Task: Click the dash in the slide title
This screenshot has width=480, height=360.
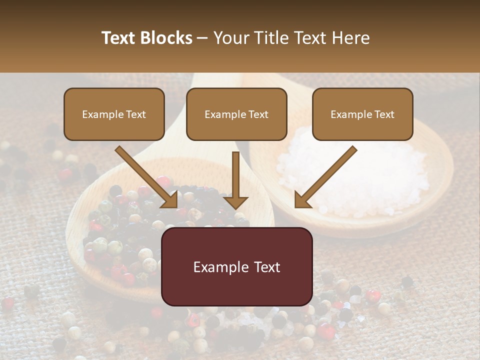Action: pyautogui.click(x=202, y=38)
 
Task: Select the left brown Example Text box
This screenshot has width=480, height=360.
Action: pyautogui.click(x=114, y=114)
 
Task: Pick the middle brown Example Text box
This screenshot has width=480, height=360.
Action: pyautogui.click(x=236, y=114)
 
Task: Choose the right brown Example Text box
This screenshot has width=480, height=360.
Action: pyautogui.click(x=362, y=114)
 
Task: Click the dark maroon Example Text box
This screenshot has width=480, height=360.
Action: pyautogui.click(x=236, y=266)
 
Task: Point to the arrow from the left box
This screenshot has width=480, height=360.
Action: pyautogui.click(x=145, y=175)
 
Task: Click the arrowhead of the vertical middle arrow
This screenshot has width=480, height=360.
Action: pyautogui.click(x=235, y=202)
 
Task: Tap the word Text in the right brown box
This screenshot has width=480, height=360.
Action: pyautogui.click(x=384, y=114)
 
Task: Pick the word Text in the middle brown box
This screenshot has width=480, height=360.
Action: pyautogui.click(x=258, y=114)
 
